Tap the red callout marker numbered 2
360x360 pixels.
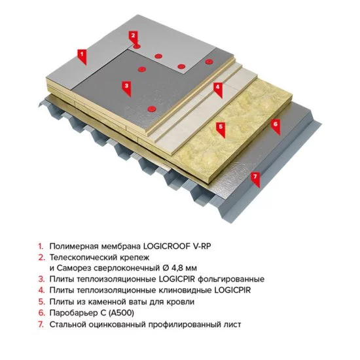pyautogui.click(x=133, y=35)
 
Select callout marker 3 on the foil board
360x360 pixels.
pyautogui.click(x=126, y=84)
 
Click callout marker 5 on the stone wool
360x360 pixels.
pyautogui.click(x=221, y=126)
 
